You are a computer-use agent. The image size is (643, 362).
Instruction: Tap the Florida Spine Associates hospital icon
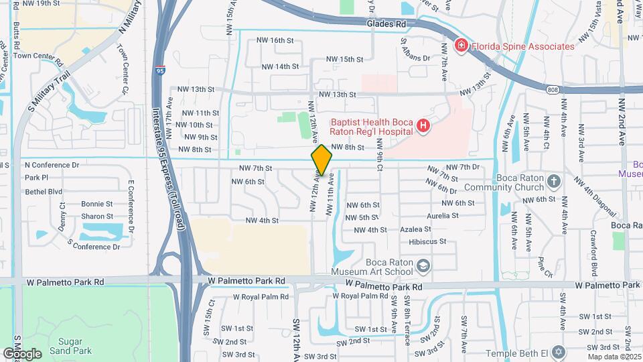pyautogui.click(x=460, y=46)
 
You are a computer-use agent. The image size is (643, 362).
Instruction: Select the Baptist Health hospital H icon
pyautogui.click(x=423, y=125)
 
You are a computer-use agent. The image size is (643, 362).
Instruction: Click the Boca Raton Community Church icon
pyautogui.click(x=554, y=181)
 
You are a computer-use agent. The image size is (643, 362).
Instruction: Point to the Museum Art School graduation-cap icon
pyautogui.click(x=423, y=267)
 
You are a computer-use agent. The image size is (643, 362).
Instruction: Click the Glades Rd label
pyautogui.click(x=386, y=24)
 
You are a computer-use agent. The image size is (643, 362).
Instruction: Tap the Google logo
pyautogui.click(x=22, y=353)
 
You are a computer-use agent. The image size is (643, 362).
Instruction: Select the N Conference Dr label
pyautogui.click(x=52, y=164)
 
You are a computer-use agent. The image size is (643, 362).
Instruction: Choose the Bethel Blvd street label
pyautogui.click(x=43, y=191)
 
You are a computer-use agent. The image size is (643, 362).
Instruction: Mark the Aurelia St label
pyautogui.click(x=443, y=216)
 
